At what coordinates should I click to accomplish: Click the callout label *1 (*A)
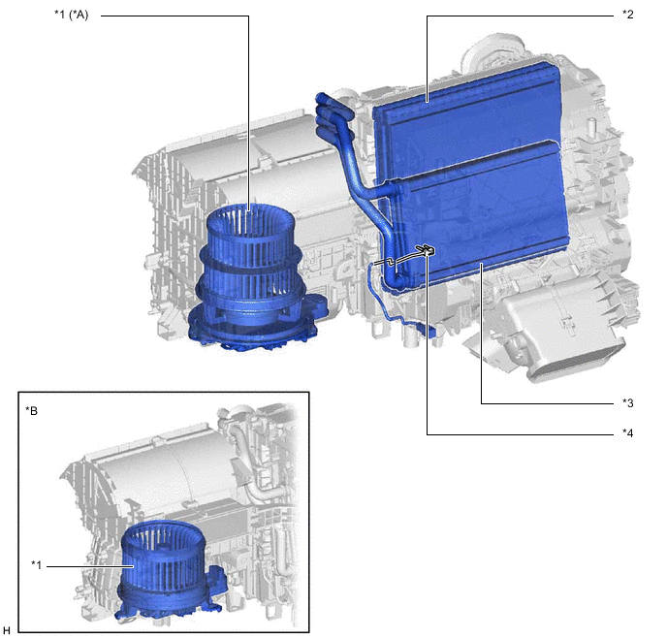pos(71,15)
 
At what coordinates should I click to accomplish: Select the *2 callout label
pos(627,15)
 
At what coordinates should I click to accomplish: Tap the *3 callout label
pos(627,402)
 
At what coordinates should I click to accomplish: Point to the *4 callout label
pos(627,433)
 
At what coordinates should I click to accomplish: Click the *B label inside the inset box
pos(31,411)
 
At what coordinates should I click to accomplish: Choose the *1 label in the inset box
pos(37,565)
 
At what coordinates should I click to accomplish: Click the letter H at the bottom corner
pos(7,630)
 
